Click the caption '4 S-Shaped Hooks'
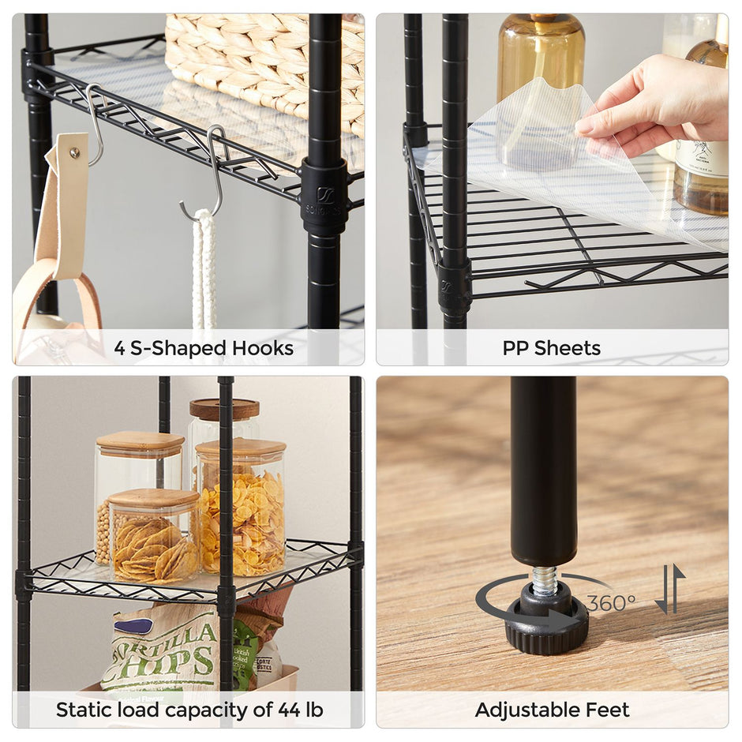[204, 348]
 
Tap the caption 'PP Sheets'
[551, 348]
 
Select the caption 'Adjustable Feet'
[552, 710]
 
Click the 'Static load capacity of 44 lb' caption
[189, 710]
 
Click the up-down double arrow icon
[669, 590]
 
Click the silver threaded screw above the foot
[544, 581]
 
